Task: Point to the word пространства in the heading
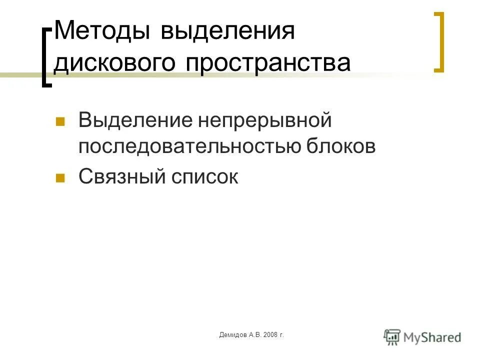pos(267,64)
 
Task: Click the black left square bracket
pos(46,57)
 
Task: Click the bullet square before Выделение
pos(60,122)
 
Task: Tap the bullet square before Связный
pos(60,178)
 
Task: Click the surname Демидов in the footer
pos(232,334)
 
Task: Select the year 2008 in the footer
pos(269,334)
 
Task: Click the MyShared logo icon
pos(392,337)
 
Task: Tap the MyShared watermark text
pos(432,338)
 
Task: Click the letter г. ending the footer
pos(281,334)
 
